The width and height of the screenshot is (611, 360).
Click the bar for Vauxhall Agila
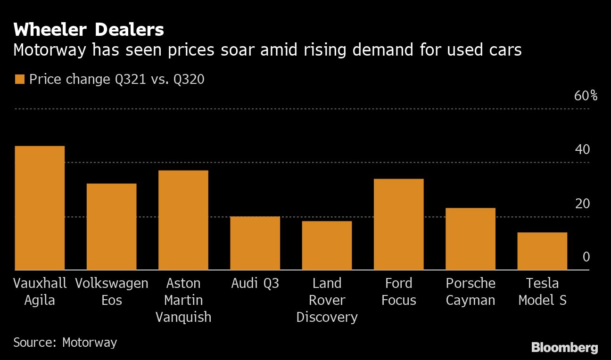click(x=40, y=208)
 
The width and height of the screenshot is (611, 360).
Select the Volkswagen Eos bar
click(x=111, y=227)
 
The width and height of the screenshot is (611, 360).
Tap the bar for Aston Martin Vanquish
click(x=183, y=220)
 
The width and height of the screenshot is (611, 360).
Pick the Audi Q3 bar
click(x=255, y=243)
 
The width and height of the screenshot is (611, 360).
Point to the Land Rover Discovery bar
click(x=327, y=245)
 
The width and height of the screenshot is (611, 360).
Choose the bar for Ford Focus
click(x=399, y=224)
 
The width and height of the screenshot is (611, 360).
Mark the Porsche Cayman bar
click(x=471, y=239)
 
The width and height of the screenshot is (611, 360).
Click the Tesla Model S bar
click(x=542, y=251)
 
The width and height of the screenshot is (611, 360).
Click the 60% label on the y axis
click(x=586, y=96)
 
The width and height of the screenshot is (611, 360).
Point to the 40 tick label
click(x=583, y=150)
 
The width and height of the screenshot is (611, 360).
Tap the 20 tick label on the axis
click(x=583, y=204)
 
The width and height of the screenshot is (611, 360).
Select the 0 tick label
click(x=586, y=257)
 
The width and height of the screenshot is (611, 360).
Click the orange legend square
click(x=19, y=80)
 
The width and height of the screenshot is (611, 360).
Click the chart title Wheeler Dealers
click(x=89, y=30)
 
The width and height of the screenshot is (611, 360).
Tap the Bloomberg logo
click(x=564, y=348)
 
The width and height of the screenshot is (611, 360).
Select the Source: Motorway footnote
click(x=65, y=342)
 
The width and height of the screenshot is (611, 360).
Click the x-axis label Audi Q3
click(x=255, y=283)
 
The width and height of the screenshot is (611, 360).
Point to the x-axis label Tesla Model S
click(x=542, y=292)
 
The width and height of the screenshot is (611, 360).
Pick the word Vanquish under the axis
click(x=183, y=317)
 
